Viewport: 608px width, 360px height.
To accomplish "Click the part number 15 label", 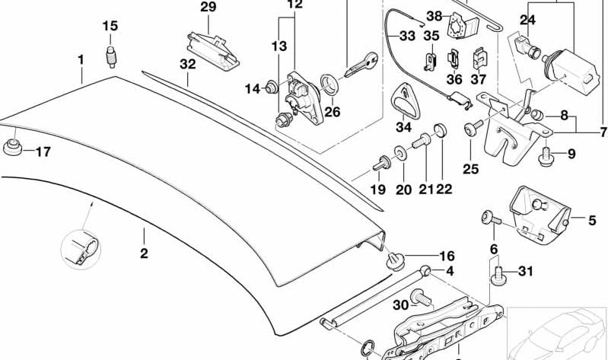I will (x=110, y=27).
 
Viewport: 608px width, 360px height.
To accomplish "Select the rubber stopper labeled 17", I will (x=12, y=147).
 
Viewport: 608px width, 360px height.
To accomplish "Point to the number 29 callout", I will (x=209, y=8).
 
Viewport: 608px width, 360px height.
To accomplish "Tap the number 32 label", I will (x=188, y=65).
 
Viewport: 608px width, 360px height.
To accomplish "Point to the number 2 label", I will (x=144, y=253).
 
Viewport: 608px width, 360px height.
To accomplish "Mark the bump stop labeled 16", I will (x=395, y=260).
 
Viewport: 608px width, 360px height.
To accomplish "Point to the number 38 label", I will (x=434, y=16).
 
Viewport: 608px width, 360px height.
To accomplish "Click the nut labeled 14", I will (x=271, y=88).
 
